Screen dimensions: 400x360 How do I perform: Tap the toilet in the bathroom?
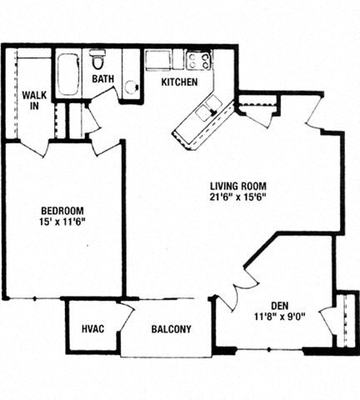point(97,61)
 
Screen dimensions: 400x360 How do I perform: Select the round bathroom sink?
point(131,87)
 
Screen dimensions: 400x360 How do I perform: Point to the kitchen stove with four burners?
point(198,60)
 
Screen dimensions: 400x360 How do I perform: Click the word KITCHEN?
point(179,82)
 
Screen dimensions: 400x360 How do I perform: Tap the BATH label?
point(103,80)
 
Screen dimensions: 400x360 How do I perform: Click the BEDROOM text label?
point(62,211)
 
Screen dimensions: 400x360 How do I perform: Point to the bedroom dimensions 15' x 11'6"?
point(62,223)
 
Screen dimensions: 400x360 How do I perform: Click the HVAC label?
point(92,329)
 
